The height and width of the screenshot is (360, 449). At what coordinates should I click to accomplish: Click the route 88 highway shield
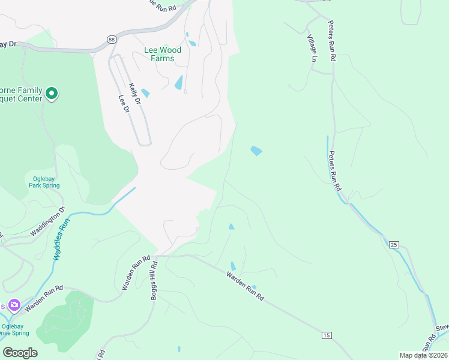pos(112,39)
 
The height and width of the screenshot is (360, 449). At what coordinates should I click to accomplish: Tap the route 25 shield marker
pos(394,244)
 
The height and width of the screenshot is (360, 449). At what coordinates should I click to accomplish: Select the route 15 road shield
pos(326,334)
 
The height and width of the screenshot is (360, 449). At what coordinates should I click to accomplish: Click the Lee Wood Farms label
pos(159,55)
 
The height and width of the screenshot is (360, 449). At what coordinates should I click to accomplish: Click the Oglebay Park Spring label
pos(44,181)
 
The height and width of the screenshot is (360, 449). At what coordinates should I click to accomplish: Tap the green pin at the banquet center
pos(52,93)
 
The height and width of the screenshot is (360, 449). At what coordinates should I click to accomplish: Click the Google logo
pos(20,352)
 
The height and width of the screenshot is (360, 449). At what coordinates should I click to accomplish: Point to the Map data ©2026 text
pos(423,355)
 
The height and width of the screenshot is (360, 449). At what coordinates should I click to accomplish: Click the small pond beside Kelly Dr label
pos(145,93)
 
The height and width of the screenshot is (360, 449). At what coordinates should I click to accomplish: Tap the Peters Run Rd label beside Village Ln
pos(331,40)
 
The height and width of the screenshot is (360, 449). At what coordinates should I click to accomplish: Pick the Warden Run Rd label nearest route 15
pos(245,286)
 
